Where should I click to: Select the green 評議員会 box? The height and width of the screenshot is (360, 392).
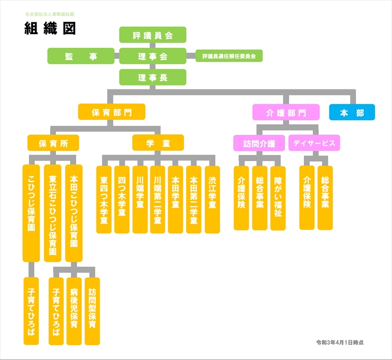tap(152, 35)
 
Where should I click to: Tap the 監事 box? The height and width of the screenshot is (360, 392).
tap(81, 56)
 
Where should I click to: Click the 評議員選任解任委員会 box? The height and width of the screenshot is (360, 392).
tap(229, 56)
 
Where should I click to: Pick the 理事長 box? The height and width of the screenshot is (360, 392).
tap(152, 77)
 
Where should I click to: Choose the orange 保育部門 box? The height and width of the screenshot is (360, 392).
tap(112, 112)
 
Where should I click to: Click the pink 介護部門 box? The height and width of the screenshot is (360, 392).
tap(286, 112)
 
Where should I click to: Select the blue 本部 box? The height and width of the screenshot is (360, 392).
tap(352, 112)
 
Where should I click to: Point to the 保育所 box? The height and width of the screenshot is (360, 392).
tap(53, 143)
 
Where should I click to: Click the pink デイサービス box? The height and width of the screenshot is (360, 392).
tap(314, 143)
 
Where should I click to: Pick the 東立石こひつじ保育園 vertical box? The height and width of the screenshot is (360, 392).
tap(53, 212)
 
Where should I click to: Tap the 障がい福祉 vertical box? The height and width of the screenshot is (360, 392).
tap(278, 197)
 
